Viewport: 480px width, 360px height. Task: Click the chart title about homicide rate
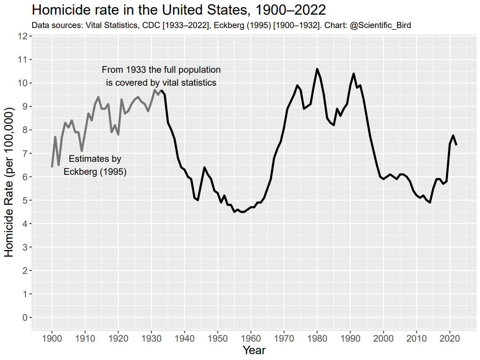(179, 10)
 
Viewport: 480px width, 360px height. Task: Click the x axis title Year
(254, 350)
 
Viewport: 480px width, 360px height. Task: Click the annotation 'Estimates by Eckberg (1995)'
(95, 165)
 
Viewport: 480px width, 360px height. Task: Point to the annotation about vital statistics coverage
(161, 76)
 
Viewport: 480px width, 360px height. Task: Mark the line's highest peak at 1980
(317, 69)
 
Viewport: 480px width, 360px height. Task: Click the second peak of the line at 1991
(354, 74)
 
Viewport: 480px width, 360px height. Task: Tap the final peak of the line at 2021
(453, 135)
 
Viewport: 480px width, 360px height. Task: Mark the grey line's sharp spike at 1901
(55, 137)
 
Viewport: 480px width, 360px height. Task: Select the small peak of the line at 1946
(204, 168)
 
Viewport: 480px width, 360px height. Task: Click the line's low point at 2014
(430, 202)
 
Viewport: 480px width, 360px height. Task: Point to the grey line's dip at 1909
(82, 151)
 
